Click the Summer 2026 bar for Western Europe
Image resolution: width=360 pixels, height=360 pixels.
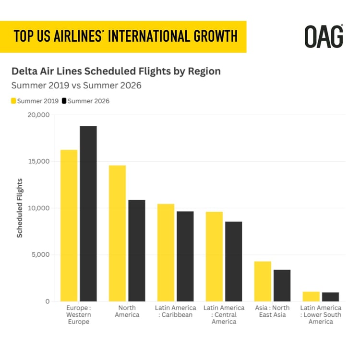[88, 214]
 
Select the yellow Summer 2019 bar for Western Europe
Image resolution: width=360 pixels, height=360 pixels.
[69, 226]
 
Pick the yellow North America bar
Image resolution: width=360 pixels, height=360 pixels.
[118, 233]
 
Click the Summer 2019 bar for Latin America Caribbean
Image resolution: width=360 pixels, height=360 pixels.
[166, 252]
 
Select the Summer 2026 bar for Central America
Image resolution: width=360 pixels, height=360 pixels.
[234, 262]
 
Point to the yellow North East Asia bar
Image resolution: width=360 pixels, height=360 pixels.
[263, 281]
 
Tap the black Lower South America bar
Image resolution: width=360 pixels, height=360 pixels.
[330, 297]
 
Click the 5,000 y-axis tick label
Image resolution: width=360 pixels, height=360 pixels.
[40, 255]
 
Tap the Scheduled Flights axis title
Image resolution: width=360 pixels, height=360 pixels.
[20, 208]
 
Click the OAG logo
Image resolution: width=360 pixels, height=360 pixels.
[324, 36]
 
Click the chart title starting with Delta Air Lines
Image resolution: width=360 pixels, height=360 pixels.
[116, 71]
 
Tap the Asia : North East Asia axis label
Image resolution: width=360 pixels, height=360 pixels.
[272, 311]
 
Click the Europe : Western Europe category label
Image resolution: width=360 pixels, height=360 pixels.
[79, 314]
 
